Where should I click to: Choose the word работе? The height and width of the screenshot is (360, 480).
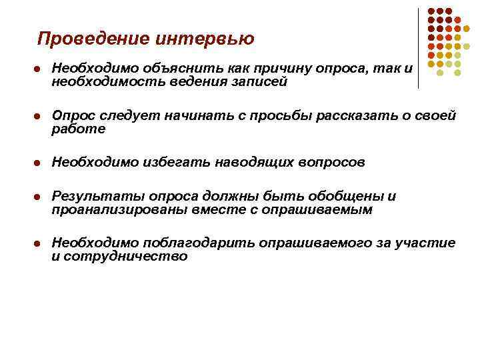(x=79, y=129)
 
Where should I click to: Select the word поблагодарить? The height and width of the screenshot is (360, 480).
(x=188, y=243)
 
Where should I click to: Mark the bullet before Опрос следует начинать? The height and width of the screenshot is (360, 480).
(x=39, y=117)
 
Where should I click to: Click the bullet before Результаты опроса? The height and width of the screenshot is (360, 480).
(x=39, y=197)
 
